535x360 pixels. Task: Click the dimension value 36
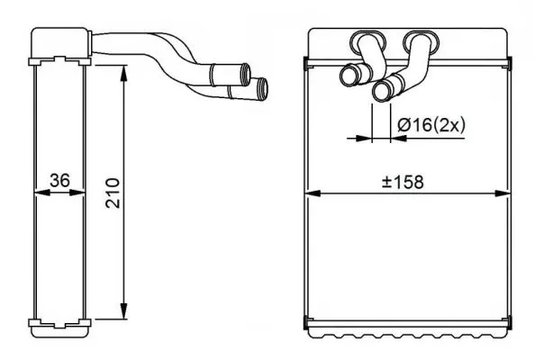pyautogui.click(x=60, y=181)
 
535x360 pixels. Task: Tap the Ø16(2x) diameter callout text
pyautogui.click(x=430, y=126)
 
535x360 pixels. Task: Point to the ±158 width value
pyautogui.click(x=403, y=181)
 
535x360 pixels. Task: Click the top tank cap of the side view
pyautogui.click(x=59, y=43)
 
